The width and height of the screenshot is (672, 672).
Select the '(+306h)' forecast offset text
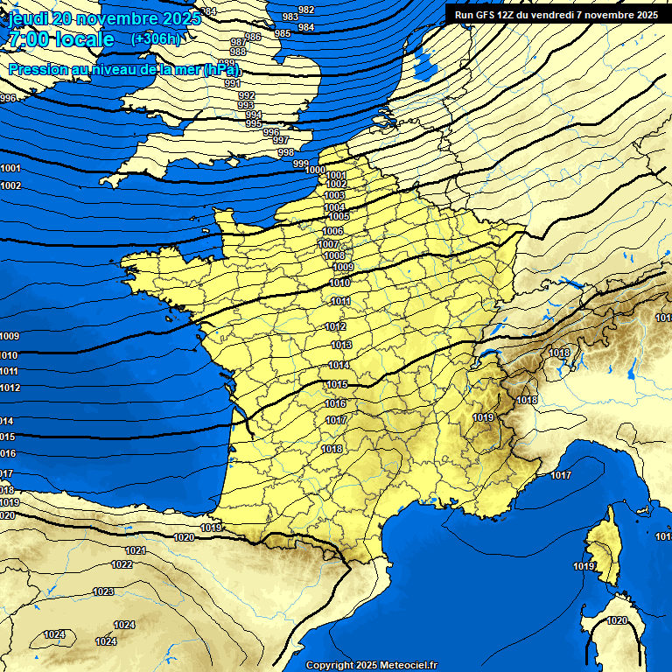tap(155, 39)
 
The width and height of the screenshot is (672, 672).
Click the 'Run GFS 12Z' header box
tap(556, 15)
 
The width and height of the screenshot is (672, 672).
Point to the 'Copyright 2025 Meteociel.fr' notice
tap(371, 665)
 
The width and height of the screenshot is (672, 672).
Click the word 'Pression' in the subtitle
tap(38, 69)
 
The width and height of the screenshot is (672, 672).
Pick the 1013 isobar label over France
tap(341, 346)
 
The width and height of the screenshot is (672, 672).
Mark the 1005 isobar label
tap(339, 216)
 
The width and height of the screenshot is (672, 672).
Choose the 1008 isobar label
tap(334, 255)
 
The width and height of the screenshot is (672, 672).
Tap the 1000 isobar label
tap(316, 171)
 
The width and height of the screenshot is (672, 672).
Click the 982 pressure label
tap(306, 10)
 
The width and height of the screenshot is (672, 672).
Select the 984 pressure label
tap(306, 28)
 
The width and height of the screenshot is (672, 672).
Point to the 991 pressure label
tap(232, 84)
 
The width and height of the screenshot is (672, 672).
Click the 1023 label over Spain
tap(103, 592)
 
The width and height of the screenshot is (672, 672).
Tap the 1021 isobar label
tap(136, 550)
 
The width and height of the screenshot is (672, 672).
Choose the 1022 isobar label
tap(122, 565)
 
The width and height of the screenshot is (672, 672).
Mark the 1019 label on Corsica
tap(584, 567)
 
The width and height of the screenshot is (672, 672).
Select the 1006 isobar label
tap(332, 231)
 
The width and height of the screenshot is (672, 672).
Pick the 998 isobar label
tap(286, 153)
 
